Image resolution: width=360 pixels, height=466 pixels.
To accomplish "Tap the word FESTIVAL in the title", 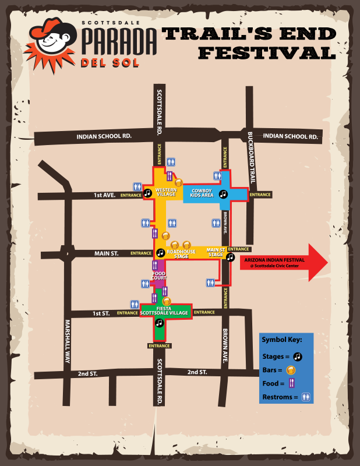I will (x=267, y=53).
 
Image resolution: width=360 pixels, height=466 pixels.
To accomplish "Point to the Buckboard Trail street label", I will (x=250, y=157).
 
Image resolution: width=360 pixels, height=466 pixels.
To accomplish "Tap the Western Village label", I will (x=166, y=193).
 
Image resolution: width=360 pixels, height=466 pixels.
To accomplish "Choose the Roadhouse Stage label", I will (x=177, y=254).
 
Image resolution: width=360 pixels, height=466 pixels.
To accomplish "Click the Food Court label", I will (x=160, y=275).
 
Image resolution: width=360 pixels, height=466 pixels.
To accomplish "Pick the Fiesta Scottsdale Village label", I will (x=172, y=310).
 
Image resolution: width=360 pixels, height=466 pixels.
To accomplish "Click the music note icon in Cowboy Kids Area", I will (x=223, y=194).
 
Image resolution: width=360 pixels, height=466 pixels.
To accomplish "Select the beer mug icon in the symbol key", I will (x=291, y=370).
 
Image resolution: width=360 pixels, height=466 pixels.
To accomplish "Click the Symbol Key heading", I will (x=278, y=340).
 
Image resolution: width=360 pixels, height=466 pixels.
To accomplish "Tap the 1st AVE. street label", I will (x=105, y=195).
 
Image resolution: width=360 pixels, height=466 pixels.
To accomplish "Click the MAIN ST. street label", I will (x=107, y=253).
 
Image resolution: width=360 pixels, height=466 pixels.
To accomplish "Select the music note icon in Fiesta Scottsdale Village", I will (x=158, y=322).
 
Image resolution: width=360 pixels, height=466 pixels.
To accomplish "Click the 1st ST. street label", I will (x=101, y=313).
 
